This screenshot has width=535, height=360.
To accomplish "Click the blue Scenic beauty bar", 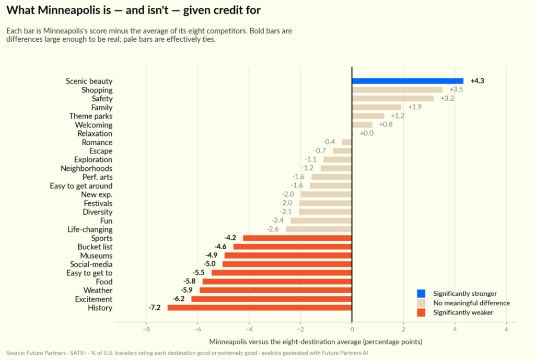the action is pyautogui.click(x=408, y=81).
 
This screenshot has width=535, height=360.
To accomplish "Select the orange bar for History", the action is pyautogui.click(x=260, y=308).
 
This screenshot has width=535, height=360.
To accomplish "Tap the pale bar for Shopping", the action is pyautogui.click(x=397, y=90).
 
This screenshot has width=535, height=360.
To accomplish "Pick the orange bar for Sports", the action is pyautogui.click(x=297, y=238).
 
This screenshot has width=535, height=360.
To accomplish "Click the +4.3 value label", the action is pyautogui.click(x=478, y=81).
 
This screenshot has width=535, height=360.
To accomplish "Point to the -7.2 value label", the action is pyautogui.click(x=154, y=307).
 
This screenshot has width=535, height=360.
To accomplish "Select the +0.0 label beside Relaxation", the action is pyautogui.click(x=367, y=133).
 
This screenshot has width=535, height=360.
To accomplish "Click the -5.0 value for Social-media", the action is pyautogui.click(x=210, y=264).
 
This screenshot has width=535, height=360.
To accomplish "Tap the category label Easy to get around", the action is pyautogui.click(x=81, y=186).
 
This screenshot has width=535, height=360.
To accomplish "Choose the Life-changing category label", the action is pyautogui.click(x=90, y=229).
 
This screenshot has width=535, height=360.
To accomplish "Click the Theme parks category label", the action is pyautogui.click(x=91, y=117).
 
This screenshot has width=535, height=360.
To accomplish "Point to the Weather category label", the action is pyautogui.click(x=98, y=291).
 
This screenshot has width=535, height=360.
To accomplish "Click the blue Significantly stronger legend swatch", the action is pyautogui.click(x=421, y=294).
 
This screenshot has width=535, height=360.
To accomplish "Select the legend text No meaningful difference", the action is pyautogui.click(x=472, y=303).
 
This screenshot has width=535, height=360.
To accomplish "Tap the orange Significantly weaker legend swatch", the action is pyautogui.click(x=421, y=312).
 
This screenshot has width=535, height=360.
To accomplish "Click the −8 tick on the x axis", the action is pyautogui.click(x=146, y=329).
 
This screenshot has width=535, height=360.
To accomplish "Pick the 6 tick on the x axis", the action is pyautogui.click(x=506, y=329).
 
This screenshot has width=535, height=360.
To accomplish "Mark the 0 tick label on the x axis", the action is pyautogui.click(x=352, y=329).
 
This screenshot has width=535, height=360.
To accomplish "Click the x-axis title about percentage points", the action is pyautogui.click(x=316, y=342).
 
